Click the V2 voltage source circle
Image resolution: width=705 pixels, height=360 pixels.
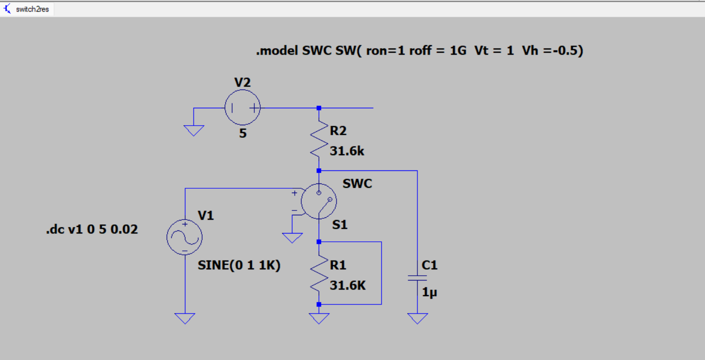click(242, 107)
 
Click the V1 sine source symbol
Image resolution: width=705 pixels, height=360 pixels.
click(184, 237)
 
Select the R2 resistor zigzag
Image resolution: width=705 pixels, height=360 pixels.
click(319, 139)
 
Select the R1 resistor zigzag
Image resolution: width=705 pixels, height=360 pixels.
click(319, 273)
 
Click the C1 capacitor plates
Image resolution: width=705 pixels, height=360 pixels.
click(418, 278)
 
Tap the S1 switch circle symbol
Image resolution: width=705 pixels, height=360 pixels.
click(319, 201)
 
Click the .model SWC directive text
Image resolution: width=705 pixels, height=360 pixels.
click(419, 50)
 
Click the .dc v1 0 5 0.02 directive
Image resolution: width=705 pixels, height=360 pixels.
click(92, 229)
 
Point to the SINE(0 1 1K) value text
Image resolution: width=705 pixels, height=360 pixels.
click(239, 265)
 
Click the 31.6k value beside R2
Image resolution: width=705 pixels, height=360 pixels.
click(347, 151)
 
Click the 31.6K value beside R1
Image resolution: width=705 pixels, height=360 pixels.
click(347, 285)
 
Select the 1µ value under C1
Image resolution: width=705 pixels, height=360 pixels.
click(429, 292)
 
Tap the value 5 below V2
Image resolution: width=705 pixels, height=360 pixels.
click(243, 133)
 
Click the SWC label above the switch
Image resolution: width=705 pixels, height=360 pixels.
click(357, 183)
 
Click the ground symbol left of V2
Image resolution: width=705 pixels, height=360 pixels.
click(194, 130)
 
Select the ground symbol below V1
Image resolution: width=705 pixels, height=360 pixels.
click(185, 318)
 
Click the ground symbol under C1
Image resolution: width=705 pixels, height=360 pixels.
click(418, 318)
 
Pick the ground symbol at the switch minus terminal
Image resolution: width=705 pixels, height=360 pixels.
click(292, 237)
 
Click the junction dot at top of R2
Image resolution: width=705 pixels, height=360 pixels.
click(319, 108)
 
